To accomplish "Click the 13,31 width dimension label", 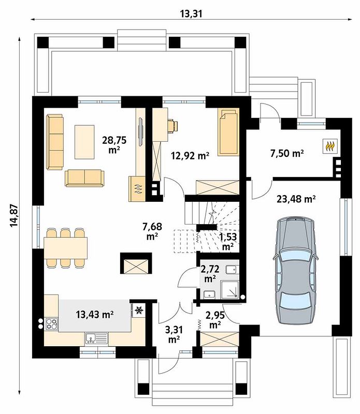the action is click(x=191, y=13).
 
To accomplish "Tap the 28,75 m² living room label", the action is click(x=114, y=144).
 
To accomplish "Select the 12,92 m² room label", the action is click(x=190, y=156).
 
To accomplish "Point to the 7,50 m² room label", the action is click(x=286, y=153).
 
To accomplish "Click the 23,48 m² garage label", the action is click(x=296, y=199).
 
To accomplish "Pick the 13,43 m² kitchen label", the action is click(x=95, y=314).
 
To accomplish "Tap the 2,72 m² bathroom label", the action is click(x=210, y=274).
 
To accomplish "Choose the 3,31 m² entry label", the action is click(x=174, y=334).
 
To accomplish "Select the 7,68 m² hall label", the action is click(x=152, y=231).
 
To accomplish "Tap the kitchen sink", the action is click(x=96, y=338).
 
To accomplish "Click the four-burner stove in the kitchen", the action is click(x=51, y=324).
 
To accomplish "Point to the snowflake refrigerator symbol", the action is click(x=138, y=310).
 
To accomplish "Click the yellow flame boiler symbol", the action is click(x=329, y=146).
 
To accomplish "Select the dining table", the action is click(x=66, y=248).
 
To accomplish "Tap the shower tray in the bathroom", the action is click(x=229, y=290).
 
